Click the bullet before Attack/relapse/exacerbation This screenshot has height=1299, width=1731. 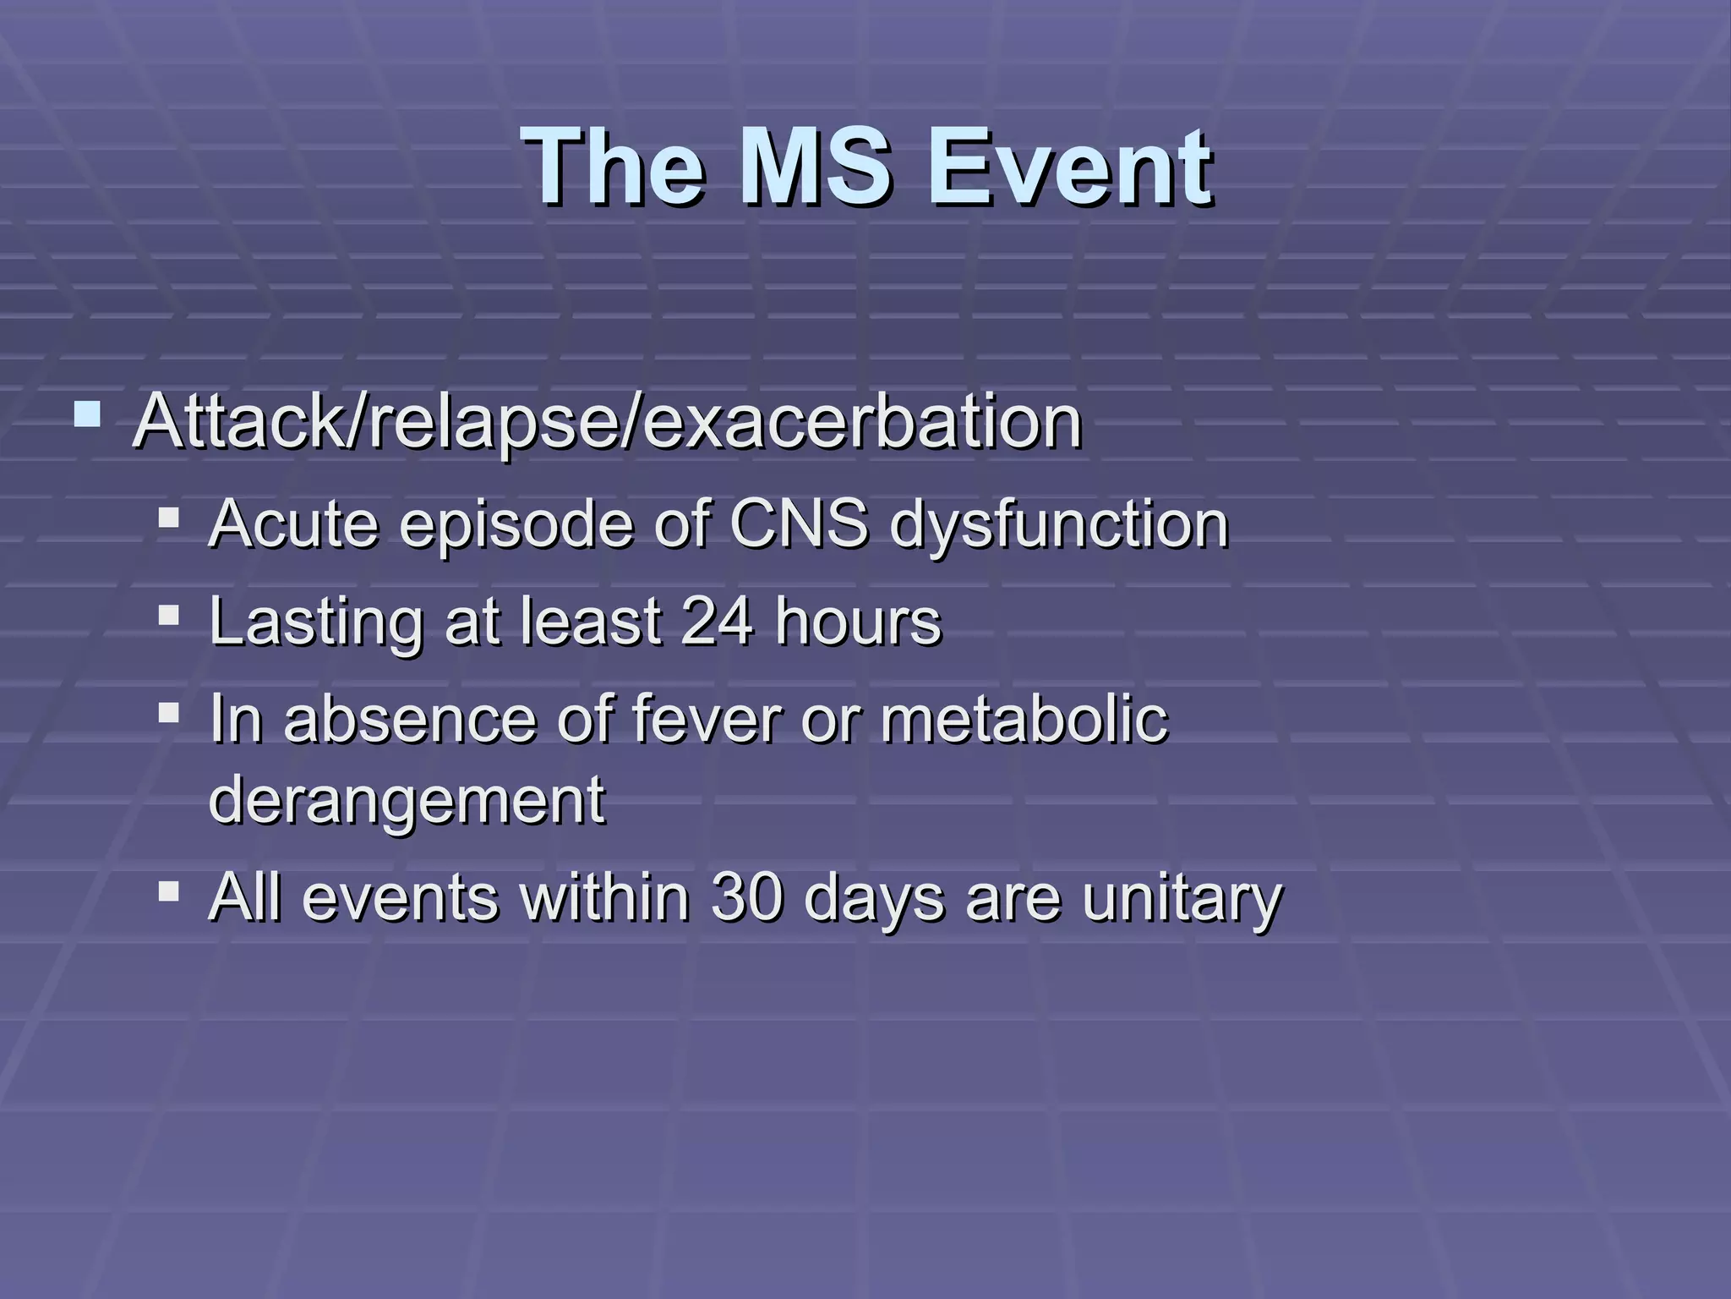(87, 415)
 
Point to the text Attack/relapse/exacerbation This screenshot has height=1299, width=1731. (607, 422)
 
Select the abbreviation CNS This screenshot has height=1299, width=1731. (799, 524)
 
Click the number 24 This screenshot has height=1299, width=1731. (717, 621)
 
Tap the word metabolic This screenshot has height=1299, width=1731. (1024, 719)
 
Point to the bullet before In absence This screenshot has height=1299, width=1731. (168, 712)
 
